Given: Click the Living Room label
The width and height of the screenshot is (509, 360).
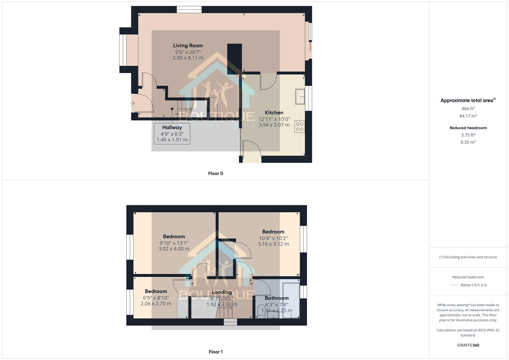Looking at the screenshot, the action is coord(188,46).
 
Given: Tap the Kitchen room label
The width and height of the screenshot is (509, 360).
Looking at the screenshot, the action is coord(274,113).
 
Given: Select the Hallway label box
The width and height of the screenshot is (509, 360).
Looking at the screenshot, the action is coord(172,133).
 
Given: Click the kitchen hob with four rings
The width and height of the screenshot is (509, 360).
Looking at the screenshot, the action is coord(300,127).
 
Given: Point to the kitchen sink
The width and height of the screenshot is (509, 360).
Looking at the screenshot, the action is coord(300,97).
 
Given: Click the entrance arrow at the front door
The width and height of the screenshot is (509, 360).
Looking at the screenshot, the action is coord(132,103).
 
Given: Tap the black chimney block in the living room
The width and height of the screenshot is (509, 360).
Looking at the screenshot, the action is coord(235,59).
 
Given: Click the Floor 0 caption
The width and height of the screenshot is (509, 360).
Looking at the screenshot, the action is coord(216,173).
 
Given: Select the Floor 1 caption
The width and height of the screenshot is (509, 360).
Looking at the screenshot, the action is coord(216,352).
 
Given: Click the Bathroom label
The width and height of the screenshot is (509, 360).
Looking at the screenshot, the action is coord(277,298).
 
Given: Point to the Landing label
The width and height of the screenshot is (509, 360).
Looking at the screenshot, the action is coord(222,292).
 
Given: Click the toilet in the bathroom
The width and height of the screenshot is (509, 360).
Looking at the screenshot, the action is coord(261,311).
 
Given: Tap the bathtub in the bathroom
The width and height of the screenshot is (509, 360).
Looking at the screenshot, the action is coord(291,300).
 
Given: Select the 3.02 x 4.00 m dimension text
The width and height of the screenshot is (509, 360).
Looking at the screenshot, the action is coord(174,249).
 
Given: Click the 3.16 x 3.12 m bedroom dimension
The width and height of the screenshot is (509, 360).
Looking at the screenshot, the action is coord(273,244).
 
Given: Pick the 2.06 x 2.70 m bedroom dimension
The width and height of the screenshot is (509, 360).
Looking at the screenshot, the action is coord(156,304).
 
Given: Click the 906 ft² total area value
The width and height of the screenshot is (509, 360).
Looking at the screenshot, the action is coord(468,109).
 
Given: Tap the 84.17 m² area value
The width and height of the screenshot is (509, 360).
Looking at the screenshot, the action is coord(468,116).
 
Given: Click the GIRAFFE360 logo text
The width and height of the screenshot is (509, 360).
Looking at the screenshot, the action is coord(468,345).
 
